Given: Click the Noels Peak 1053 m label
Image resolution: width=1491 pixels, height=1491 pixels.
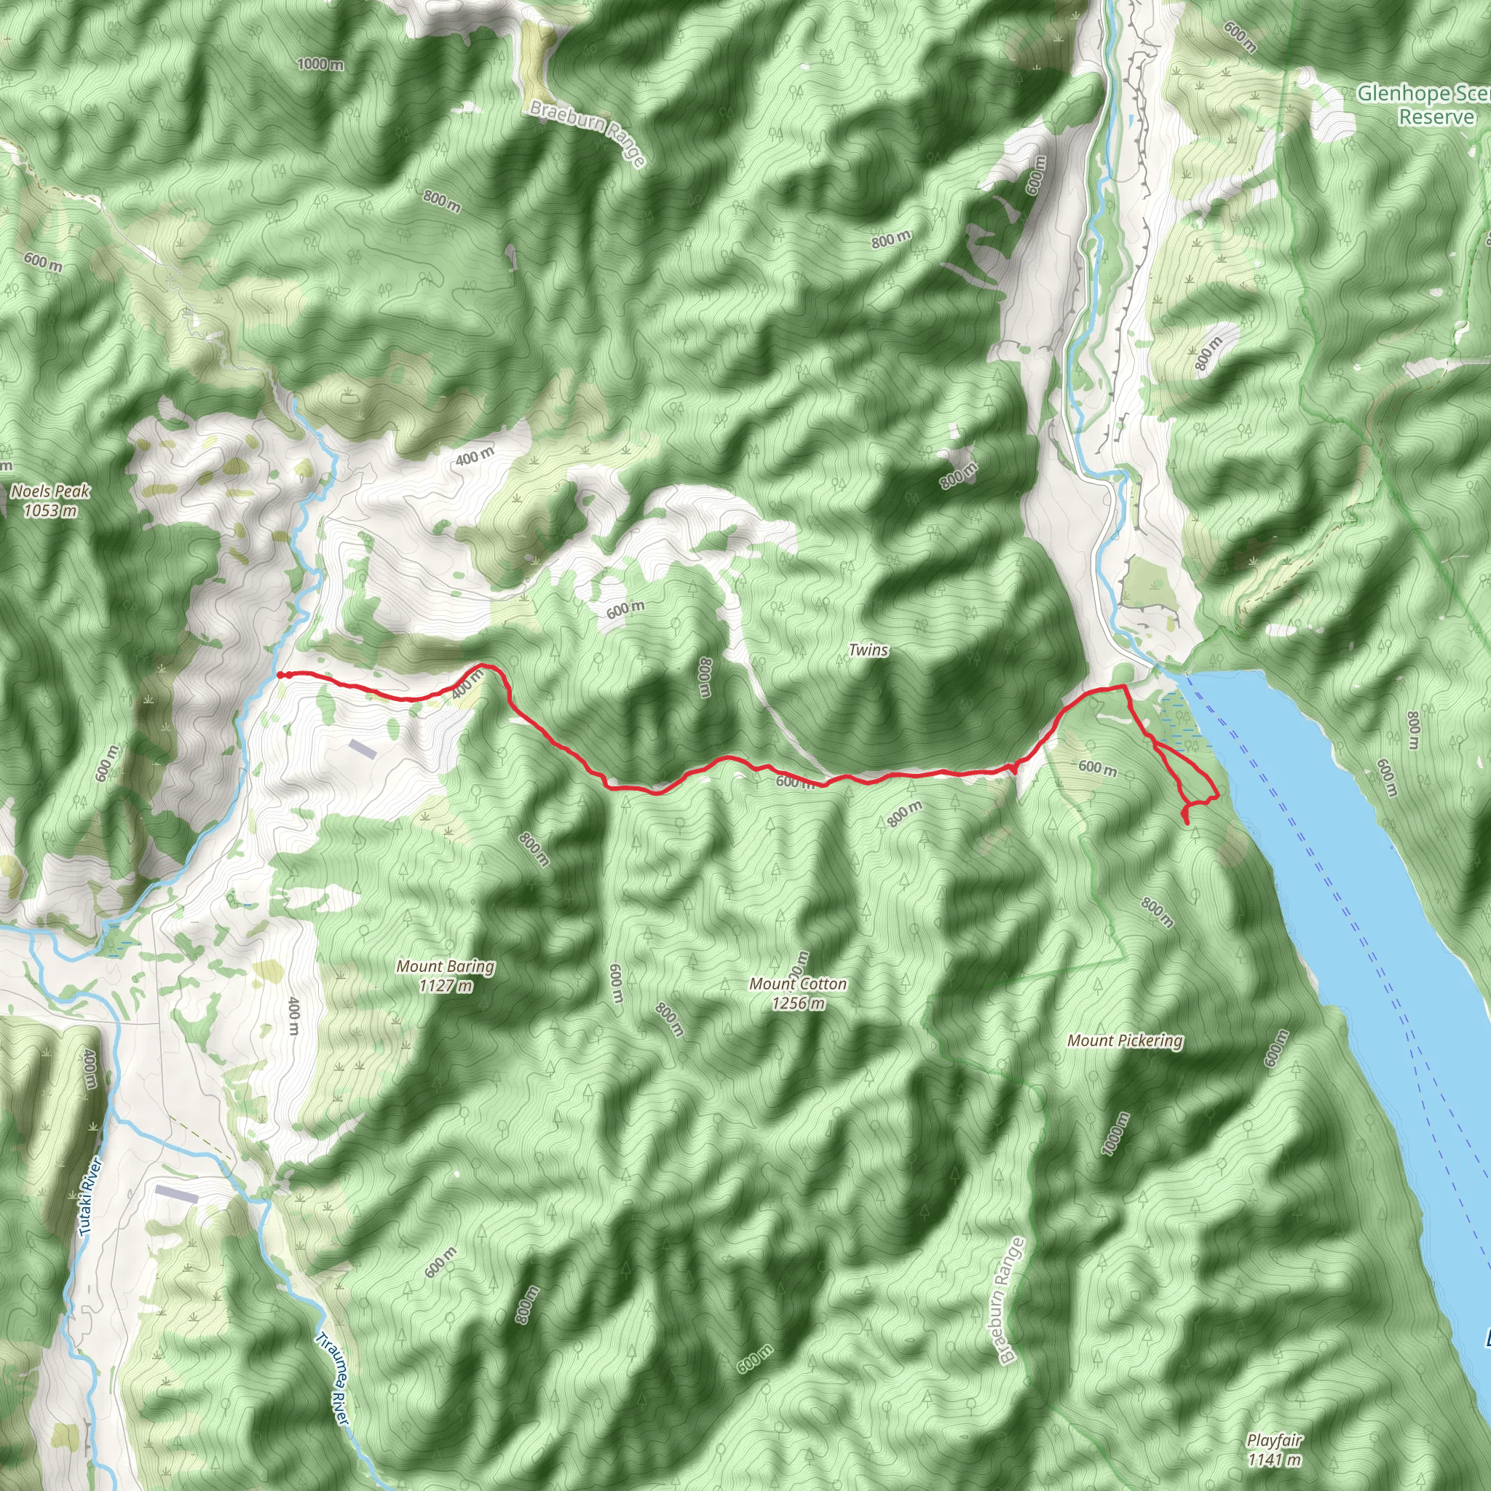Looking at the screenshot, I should [x=50, y=500].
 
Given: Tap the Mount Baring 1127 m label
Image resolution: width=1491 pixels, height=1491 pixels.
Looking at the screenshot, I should [x=446, y=976].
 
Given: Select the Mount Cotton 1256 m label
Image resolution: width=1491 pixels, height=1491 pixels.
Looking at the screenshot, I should [x=797, y=993].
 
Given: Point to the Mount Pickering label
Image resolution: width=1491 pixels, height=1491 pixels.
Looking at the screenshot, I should [x=1124, y=1041].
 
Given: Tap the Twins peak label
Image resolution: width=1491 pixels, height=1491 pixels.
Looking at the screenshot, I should [x=869, y=650].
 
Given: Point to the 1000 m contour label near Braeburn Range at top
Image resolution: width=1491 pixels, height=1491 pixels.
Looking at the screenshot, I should [x=320, y=64].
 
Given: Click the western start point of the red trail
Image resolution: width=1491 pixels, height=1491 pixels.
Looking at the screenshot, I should [x=280, y=676].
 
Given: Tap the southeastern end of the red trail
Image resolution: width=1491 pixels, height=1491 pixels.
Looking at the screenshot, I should [x=1187, y=823].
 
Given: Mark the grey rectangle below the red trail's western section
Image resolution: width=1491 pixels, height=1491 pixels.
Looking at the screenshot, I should [x=363, y=748].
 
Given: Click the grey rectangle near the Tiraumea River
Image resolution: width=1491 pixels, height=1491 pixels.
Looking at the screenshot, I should [x=177, y=1194].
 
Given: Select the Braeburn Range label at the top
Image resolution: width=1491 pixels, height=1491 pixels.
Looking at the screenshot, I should [x=587, y=133].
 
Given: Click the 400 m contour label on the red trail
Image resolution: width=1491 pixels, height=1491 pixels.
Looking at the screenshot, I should [x=467, y=684].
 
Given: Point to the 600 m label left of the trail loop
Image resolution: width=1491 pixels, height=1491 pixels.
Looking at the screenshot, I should [x=1097, y=768].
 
